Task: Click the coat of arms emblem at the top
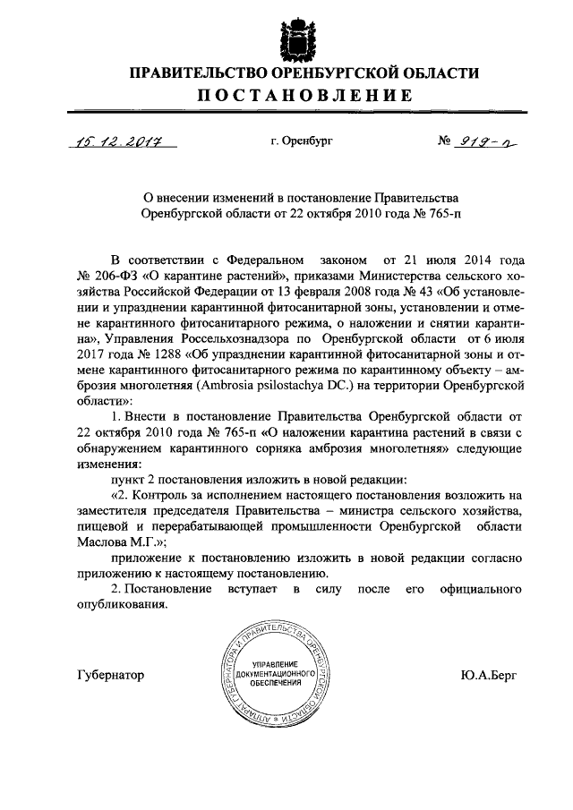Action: tap(295, 34)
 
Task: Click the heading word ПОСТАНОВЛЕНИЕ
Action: tap(295, 96)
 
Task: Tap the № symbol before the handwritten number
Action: tap(445, 141)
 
